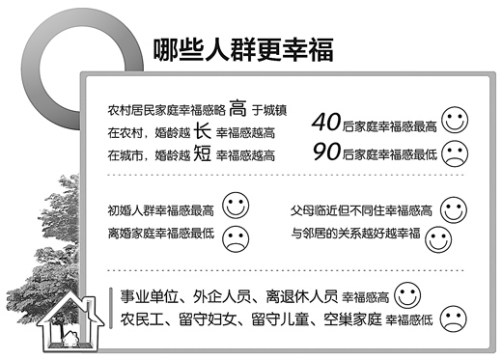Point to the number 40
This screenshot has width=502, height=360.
pos(328,122)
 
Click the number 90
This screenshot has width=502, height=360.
pos(328,152)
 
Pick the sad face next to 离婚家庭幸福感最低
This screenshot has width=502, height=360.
pos(235,235)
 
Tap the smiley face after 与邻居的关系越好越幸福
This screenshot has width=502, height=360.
pos(439,235)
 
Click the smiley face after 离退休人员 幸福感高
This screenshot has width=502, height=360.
pos(408,293)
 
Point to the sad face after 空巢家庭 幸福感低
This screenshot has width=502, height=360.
pos(451,318)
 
